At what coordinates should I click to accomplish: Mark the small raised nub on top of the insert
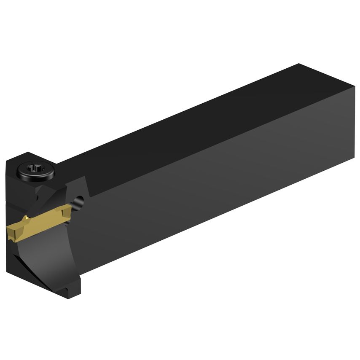pos(26,218)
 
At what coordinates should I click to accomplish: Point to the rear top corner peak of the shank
pos(298,64)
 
